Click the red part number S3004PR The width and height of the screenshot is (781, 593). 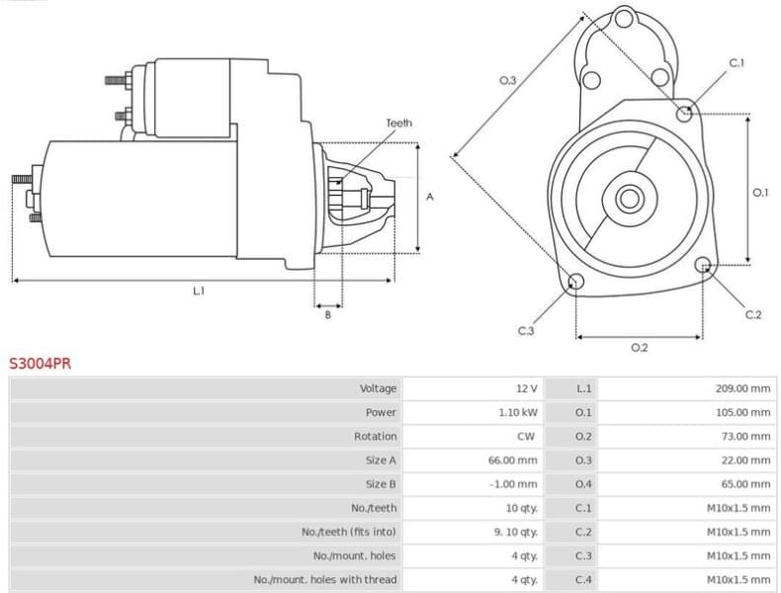pos(40,363)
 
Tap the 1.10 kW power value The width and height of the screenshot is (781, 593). pos(518,412)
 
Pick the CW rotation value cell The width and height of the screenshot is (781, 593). pos(526,436)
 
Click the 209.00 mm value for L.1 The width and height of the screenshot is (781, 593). pos(742,388)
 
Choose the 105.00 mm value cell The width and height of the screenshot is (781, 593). pos(742,412)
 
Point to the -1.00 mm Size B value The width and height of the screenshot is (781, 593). pos(514,484)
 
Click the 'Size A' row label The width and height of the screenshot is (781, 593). pos(381,461)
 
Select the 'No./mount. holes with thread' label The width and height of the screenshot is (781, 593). pos(325,580)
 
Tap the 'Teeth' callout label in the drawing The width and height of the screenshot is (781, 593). pos(398,124)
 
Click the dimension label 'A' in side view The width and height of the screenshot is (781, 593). pos(430,198)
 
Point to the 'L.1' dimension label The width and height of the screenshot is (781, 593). pos(199,291)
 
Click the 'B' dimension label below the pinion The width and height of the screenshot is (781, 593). pos(328,315)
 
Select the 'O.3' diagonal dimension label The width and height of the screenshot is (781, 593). pos(507,80)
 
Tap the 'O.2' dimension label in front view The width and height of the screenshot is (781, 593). pos(639,347)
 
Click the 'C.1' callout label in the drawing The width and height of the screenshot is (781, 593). pos(737,63)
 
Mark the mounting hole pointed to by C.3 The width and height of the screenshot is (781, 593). pos(574,283)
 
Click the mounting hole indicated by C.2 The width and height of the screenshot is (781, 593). pos(704,265)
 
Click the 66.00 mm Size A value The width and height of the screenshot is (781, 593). pos(516,461)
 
